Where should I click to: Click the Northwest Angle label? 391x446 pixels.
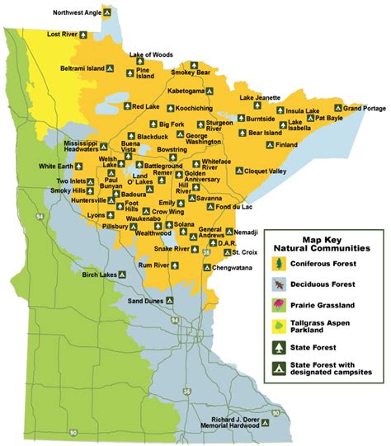[x=77, y=13]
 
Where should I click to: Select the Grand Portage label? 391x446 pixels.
[x=364, y=108]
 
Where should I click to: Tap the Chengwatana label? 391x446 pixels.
[x=233, y=268]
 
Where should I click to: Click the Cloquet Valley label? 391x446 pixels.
[x=266, y=171]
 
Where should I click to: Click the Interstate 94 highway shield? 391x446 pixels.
[x=39, y=216]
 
